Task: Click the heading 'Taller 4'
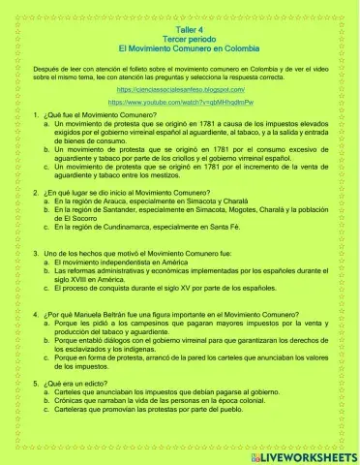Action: click(179, 30)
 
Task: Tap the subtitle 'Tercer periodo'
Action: click(179, 39)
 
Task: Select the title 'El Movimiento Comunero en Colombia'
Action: click(179, 47)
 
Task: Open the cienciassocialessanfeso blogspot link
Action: click(180, 88)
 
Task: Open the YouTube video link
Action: click(180, 101)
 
